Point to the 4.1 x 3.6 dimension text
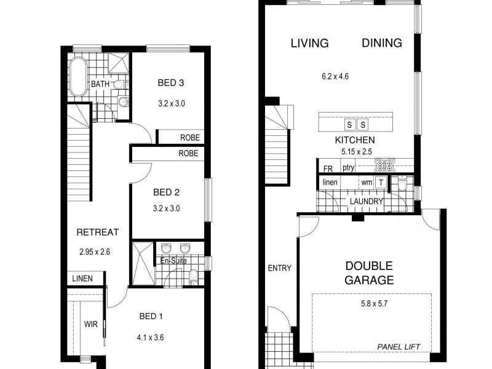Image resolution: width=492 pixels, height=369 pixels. (x=151, y=336)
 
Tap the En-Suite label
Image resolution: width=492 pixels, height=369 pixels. (x=173, y=261)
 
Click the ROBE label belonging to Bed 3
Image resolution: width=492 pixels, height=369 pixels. (x=189, y=138)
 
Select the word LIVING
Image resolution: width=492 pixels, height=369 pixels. (x=309, y=43)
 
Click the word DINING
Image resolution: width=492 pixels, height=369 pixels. (x=381, y=43)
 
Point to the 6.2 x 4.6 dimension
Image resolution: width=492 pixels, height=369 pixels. (x=335, y=77)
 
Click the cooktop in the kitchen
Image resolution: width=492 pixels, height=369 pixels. (x=385, y=165)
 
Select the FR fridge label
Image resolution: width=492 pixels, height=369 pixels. (x=327, y=167)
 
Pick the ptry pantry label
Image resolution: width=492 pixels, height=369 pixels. (x=349, y=167)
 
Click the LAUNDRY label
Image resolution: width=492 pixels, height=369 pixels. (x=366, y=201)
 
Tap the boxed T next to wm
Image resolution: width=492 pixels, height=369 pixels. (x=381, y=182)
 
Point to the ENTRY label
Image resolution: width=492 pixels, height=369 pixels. (x=279, y=268)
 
